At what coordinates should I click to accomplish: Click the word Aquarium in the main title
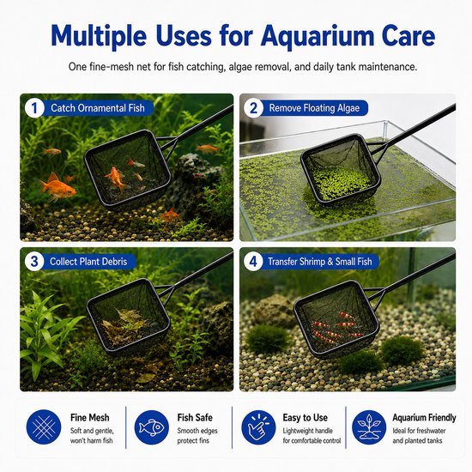317,37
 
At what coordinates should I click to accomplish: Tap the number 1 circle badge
34,108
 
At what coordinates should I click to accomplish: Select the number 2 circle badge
253,108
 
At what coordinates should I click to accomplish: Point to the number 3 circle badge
34,261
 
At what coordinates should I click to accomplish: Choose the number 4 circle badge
253,261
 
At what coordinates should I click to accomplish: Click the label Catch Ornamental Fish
98,108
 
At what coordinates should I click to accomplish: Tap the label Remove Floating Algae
314,108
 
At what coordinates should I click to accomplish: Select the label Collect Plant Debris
88,261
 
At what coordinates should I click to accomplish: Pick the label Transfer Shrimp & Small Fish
320,261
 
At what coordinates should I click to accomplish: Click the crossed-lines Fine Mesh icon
44,427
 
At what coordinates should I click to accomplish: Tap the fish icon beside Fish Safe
151,427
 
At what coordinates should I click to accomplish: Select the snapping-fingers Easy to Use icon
258,427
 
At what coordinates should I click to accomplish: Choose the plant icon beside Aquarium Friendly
369,427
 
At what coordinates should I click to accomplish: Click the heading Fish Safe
195,418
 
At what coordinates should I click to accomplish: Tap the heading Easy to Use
305,418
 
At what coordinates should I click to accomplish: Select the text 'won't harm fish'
92,441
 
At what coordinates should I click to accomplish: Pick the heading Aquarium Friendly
424,418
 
